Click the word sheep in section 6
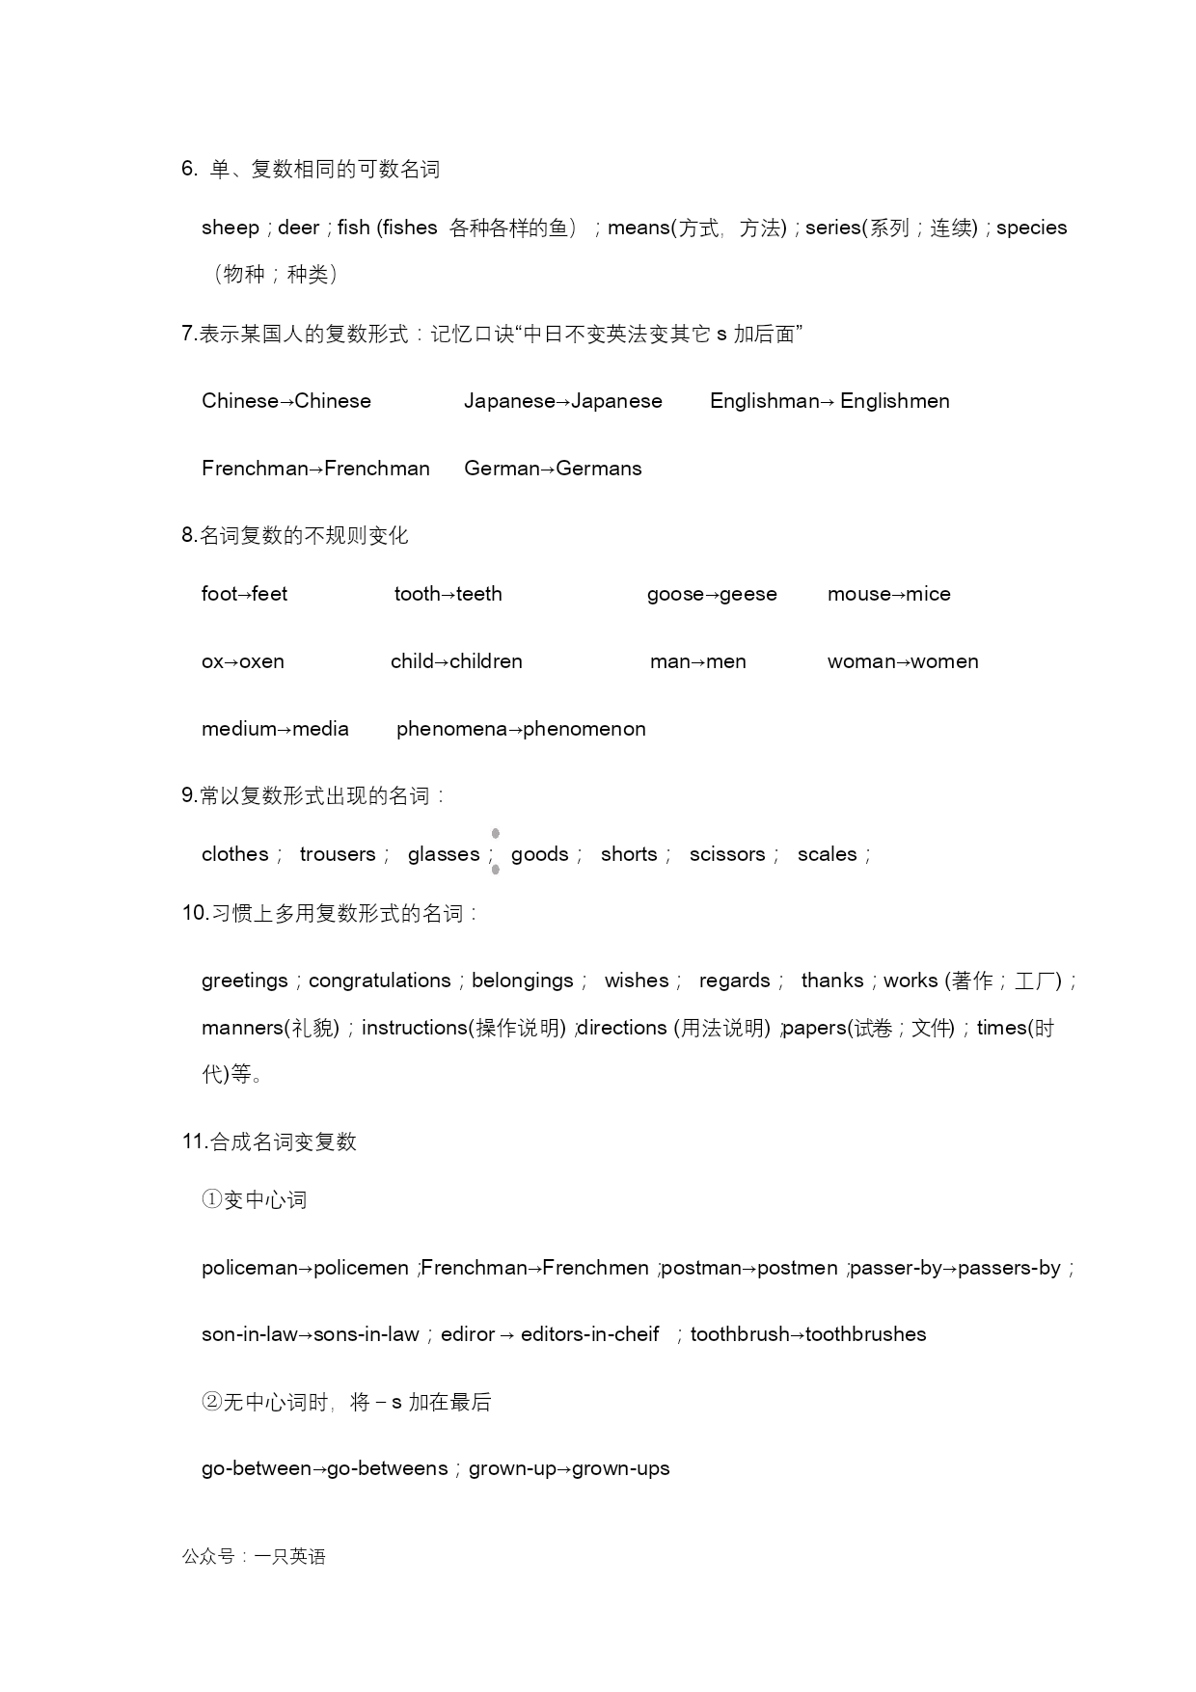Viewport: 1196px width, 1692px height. point(230,228)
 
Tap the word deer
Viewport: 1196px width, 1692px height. point(298,228)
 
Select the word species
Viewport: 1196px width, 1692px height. point(1031,228)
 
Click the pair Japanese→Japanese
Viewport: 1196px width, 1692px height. point(562,401)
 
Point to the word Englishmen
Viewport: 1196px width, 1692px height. point(894,401)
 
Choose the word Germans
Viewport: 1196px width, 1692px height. point(599,469)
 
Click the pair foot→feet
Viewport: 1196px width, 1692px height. point(244,594)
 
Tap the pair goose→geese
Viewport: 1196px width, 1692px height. point(711,594)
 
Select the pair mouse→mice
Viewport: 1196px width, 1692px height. point(888,594)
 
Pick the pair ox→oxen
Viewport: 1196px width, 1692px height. point(242,661)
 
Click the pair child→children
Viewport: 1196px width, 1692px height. point(456,661)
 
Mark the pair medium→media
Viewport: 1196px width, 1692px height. point(275,729)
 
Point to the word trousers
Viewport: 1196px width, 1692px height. point(338,854)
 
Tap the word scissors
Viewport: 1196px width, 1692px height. point(726,854)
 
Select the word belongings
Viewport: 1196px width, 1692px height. point(522,980)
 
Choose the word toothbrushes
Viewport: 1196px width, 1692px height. point(865,1334)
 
